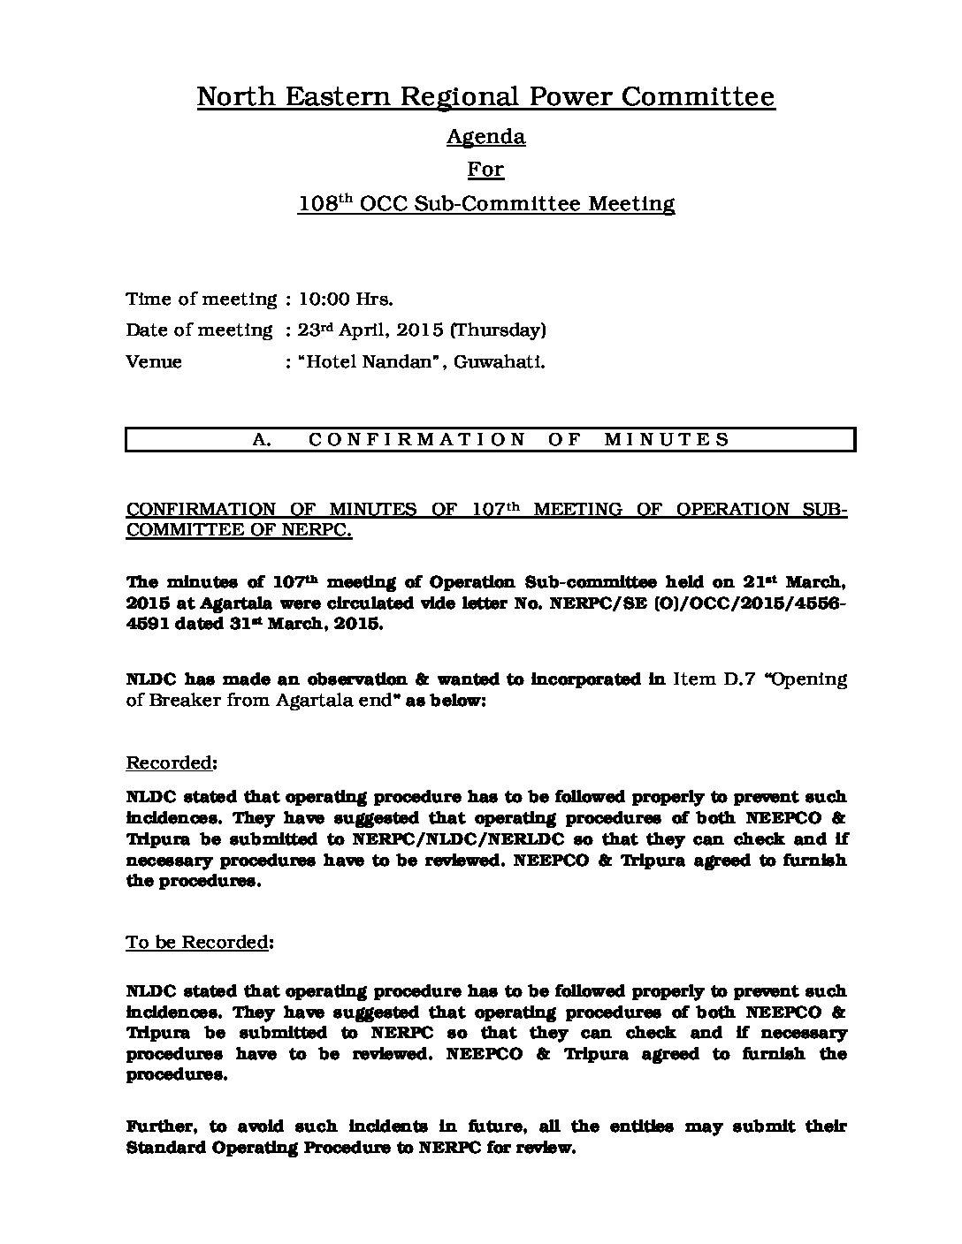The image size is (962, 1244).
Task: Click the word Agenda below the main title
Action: [x=485, y=137]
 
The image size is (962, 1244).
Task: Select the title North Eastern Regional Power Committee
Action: [x=485, y=96]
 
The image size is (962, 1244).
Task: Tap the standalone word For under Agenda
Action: [x=485, y=169]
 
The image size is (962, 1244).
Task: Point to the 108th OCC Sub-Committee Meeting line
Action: [x=485, y=204]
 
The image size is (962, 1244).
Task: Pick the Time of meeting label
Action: [x=201, y=299]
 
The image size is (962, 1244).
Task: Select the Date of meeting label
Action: [x=199, y=330]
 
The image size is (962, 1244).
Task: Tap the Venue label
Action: [x=154, y=362]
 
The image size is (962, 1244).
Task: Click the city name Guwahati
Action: [x=499, y=362]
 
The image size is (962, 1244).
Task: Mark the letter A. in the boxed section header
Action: [x=262, y=439]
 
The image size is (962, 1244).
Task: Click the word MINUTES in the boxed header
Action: [x=668, y=439]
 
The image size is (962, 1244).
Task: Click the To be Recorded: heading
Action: [x=200, y=943]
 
